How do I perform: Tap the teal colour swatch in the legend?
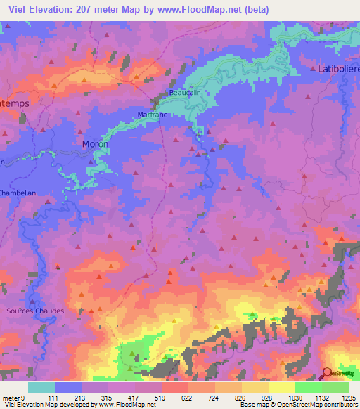click(x=41, y=387)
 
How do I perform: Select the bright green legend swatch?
click(x=309, y=387)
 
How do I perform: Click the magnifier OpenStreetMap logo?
click(x=326, y=373)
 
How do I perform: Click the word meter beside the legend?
click(x=11, y=398)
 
